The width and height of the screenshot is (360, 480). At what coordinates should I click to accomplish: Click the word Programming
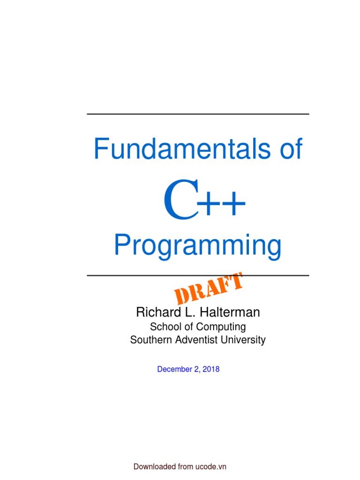pos(198,247)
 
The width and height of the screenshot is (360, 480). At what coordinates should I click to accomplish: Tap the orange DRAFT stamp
pos(209,288)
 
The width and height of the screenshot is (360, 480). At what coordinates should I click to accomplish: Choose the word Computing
pos(221,327)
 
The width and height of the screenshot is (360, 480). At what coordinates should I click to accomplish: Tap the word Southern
pos(149,340)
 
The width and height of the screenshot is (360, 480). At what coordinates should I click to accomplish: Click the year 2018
pos(211,369)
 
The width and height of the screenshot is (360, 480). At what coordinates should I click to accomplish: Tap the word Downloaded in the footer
pos(155,467)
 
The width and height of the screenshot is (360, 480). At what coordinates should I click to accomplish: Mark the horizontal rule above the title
pos(198,114)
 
